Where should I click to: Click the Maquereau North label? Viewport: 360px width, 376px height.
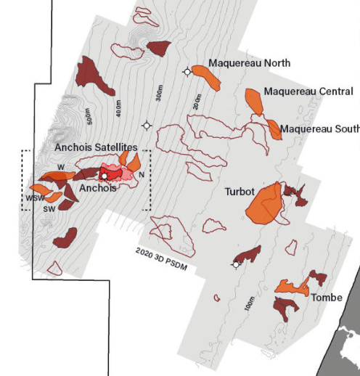pos(249,63)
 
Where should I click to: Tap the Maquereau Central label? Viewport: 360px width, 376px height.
pos(308,92)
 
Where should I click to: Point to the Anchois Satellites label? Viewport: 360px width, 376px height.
pos(97,147)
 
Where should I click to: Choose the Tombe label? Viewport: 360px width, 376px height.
pos(326,298)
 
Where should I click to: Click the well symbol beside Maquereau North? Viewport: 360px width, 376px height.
pos(188,71)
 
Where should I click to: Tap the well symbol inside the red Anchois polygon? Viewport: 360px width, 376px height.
pos(105,176)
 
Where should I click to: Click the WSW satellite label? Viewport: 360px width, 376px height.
pos(34,198)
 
